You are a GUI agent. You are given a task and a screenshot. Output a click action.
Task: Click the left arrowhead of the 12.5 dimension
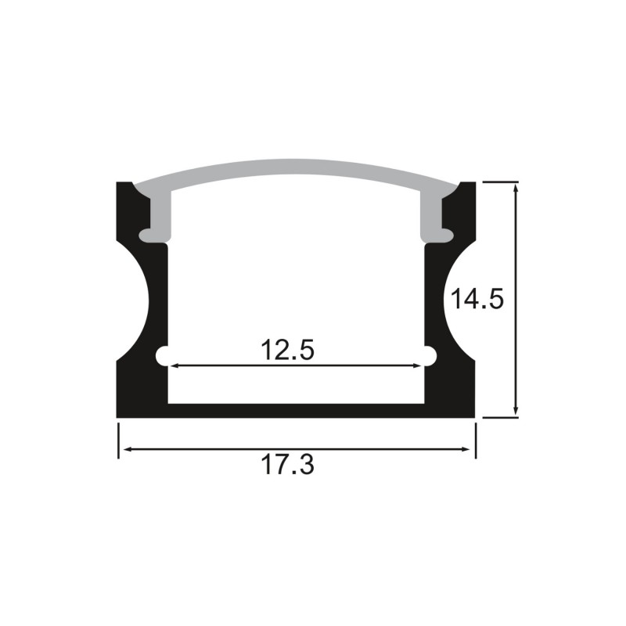pos(174,365)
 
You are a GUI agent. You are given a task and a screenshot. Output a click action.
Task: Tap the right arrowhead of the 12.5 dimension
pos(416,365)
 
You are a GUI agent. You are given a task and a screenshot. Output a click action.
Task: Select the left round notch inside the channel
pos(164,356)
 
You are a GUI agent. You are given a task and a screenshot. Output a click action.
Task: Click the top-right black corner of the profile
pos(467,190)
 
